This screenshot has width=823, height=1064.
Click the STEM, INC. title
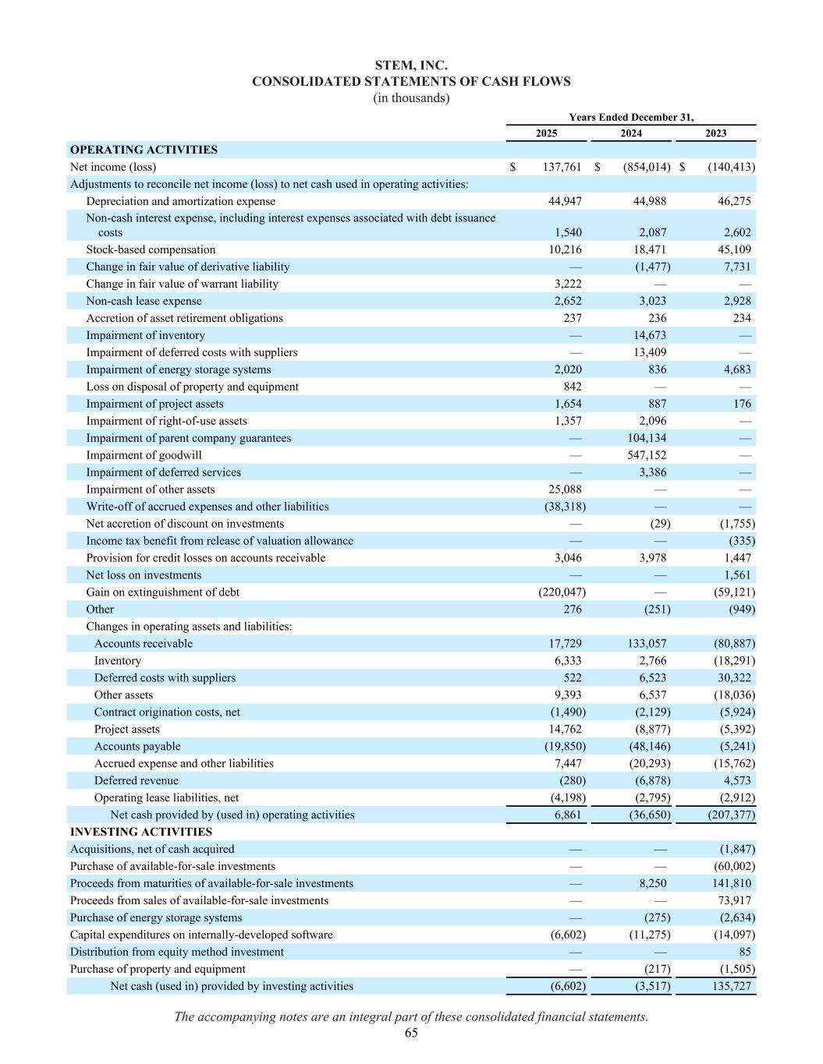coord(411,65)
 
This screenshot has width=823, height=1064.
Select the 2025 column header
coord(546,133)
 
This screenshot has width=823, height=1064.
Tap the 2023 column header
coord(715,133)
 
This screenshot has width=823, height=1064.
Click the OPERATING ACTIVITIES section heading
coord(144,150)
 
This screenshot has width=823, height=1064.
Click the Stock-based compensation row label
coord(151,249)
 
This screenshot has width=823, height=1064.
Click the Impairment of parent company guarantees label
coord(188,438)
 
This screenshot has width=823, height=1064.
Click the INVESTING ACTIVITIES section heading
coord(140,832)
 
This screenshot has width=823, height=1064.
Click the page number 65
coord(411,1033)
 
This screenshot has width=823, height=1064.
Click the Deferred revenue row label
coord(136,780)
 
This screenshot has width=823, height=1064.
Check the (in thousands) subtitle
coord(411,98)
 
